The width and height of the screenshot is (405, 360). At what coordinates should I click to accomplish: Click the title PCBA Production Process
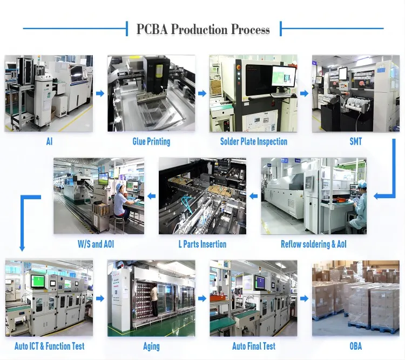pos(203,29)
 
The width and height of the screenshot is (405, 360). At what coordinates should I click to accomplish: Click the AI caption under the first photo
pos(49,141)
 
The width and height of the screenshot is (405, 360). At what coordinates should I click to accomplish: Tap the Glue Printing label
pos(151,141)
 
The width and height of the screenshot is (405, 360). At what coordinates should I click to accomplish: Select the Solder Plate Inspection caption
pos(253,141)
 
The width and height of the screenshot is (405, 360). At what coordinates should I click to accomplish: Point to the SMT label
pos(355,141)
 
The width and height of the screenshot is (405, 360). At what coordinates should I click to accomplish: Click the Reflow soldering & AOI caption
pos(313,244)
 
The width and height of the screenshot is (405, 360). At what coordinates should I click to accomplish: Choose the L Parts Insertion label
pos(202,244)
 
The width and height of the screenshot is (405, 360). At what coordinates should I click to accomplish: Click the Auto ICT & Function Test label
pos(49,346)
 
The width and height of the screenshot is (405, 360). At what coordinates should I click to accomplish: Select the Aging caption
pos(151,346)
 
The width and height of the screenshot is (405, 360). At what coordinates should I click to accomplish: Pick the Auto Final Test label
pos(253,346)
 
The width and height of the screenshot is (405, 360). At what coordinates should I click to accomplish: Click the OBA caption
pos(355,346)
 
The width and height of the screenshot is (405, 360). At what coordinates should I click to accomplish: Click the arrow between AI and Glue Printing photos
pos(100,93)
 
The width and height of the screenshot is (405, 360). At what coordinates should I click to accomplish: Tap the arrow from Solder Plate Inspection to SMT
pos(305,93)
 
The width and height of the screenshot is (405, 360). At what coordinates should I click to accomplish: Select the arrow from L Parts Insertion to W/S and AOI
pos(151,195)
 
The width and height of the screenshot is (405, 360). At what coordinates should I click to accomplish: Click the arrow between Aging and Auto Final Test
pos(202,298)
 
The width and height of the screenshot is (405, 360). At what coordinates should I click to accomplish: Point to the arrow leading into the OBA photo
pos(305,298)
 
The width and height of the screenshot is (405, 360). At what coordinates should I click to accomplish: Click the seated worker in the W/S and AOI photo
pos(120,202)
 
